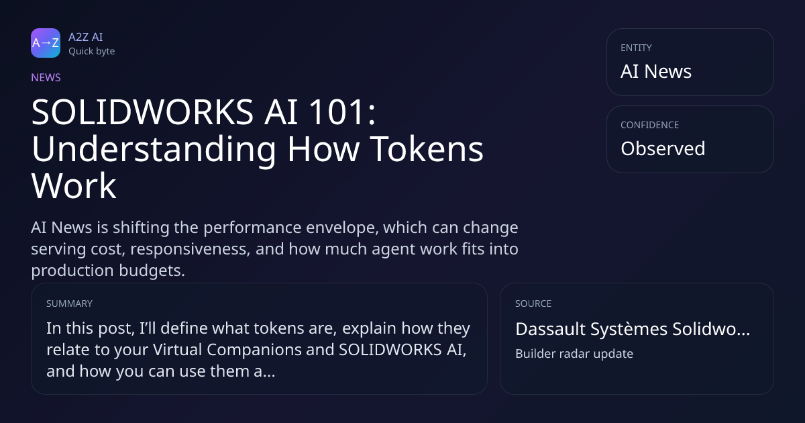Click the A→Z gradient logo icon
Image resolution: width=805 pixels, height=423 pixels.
pyautogui.click(x=46, y=43)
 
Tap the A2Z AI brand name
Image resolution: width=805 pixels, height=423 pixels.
pyautogui.click(x=86, y=37)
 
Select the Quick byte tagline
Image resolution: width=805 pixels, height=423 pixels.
pyautogui.click(x=92, y=52)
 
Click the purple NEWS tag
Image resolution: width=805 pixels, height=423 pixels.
pyautogui.click(x=46, y=78)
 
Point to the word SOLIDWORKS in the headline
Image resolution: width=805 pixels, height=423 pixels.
pyautogui.click(x=142, y=112)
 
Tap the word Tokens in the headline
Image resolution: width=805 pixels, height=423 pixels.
pyautogui.click(x=427, y=149)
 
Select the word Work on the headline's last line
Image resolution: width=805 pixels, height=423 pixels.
pyautogui.click(x=74, y=185)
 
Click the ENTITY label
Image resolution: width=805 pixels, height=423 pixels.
pyautogui.click(x=636, y=48)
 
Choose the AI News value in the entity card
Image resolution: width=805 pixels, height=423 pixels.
pyautogui.click(x=656, y=71)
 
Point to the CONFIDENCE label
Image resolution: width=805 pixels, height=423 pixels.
pyautogui.click(x=650, y=125)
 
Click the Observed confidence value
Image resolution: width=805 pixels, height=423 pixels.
pyautogui.click(x=663, y=148)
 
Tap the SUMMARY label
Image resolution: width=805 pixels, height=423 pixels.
pyautogui.click(x=69, y=303)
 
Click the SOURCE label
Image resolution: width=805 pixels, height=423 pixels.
pyautogui.click(x=533, y=303)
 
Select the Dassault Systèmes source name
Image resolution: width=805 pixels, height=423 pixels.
pyautogui.click(x=633, y=329)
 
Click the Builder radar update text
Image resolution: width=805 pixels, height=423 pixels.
pyautogui.click(x=574, y=354)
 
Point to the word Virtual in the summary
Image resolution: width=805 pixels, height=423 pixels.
pyautogui.click(x=178, y=350)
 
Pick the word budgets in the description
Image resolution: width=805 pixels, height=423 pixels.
pyautogui.click(x=152, y=271)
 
